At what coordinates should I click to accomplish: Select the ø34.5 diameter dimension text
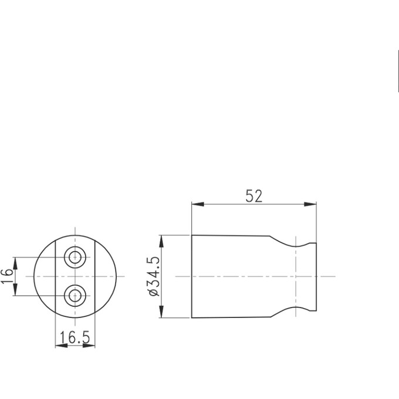(154, 276)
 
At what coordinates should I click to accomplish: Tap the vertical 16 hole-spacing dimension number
(7, 276)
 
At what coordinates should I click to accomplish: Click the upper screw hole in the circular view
(75, 257)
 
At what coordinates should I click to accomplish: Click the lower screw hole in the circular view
(75, 295)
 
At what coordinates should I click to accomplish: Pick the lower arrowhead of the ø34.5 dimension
(161, 313)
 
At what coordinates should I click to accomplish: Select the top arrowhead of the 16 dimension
(16, 262)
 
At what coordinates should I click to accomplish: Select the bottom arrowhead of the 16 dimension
(16, 291)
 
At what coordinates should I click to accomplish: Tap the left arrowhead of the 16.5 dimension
(60, 346)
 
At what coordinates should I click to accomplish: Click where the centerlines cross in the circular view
(75, 276)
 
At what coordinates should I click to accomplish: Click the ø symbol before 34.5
(154, 292)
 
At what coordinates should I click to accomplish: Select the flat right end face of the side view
(316, 276)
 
